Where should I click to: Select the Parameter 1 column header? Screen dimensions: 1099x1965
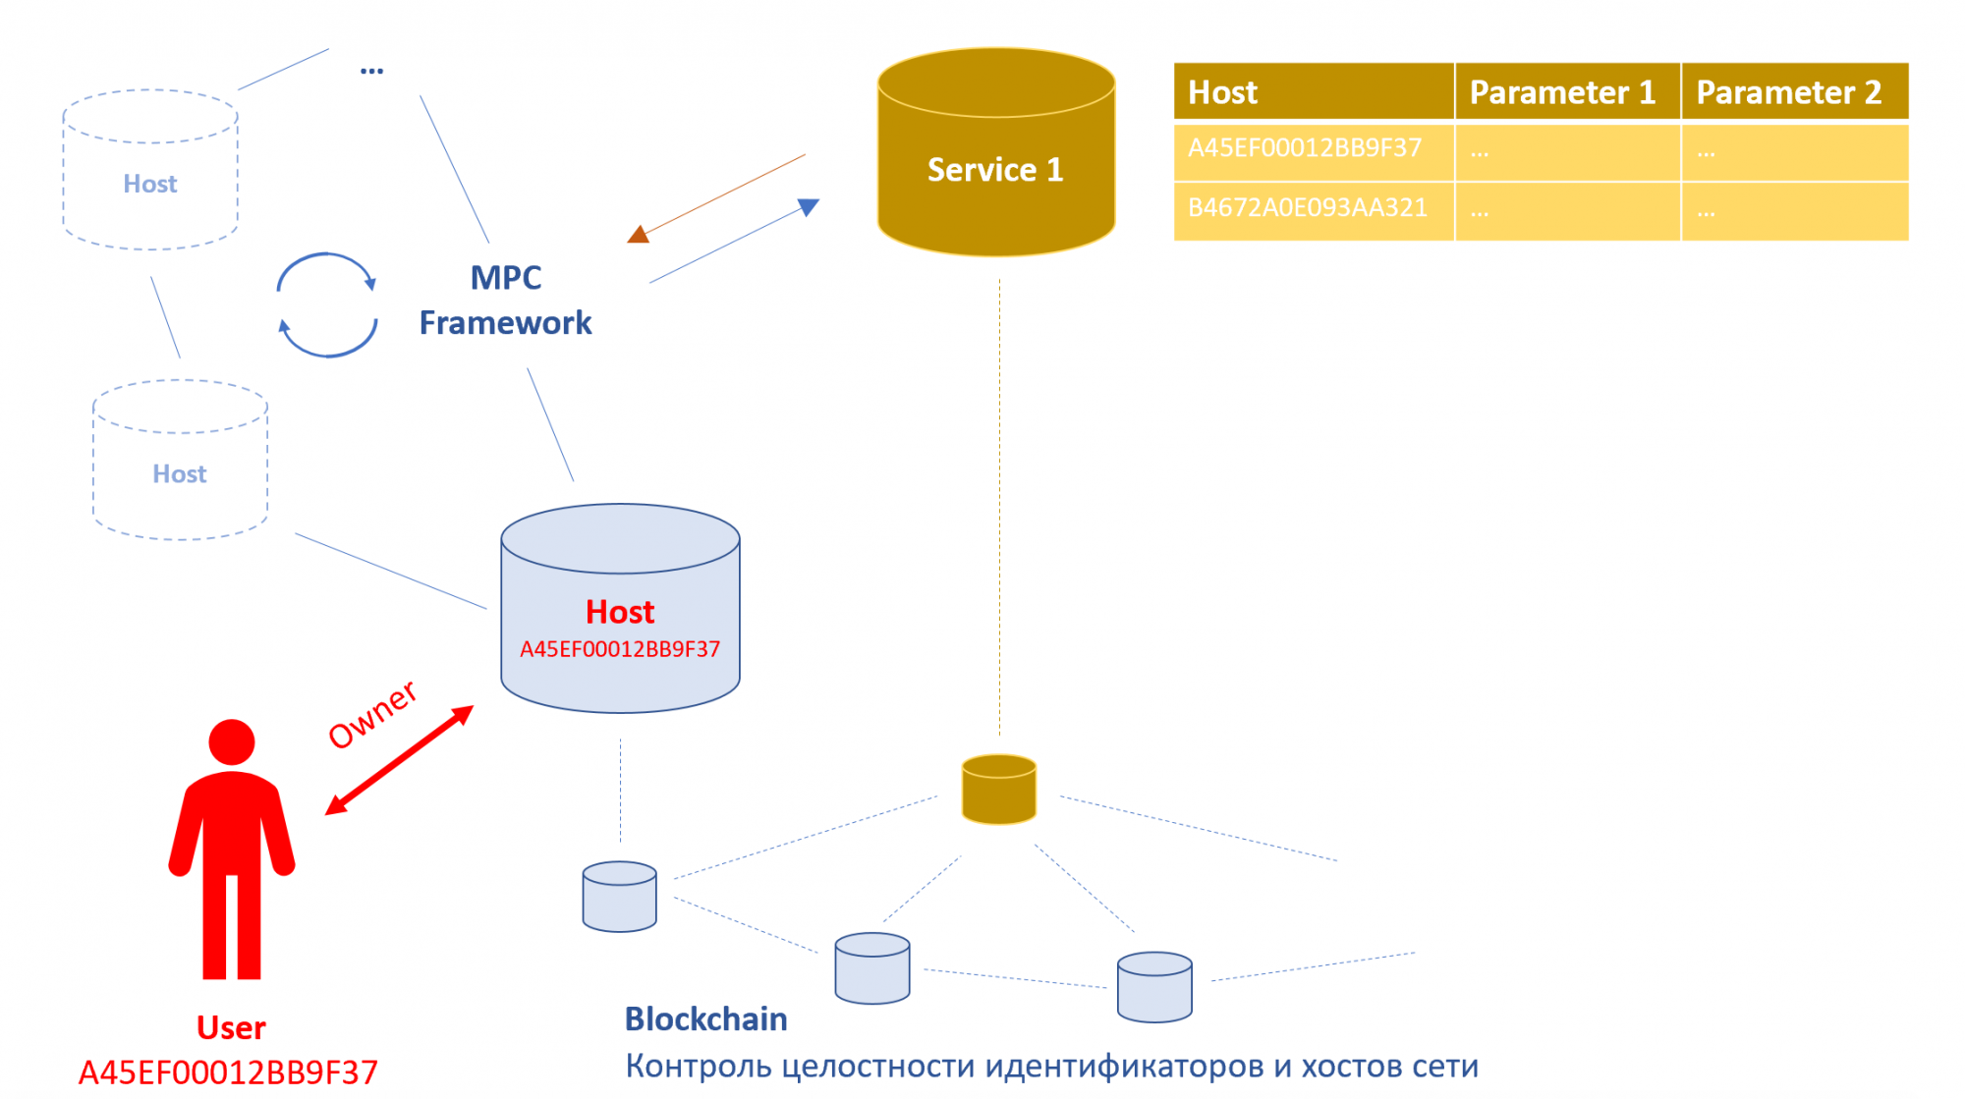click(1562, 92)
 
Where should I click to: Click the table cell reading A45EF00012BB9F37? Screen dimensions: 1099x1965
click(1305, 148)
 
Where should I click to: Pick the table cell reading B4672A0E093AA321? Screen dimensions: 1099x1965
click(1307, 208)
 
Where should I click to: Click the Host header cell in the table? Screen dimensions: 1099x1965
click(1222, 92)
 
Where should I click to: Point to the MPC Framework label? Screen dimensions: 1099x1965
click(505, 301)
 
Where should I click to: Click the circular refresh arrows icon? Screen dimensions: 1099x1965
click(327, 305)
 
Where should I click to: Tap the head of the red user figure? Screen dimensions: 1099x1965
click(232, 742)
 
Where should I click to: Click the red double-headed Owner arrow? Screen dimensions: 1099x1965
click(399, 760)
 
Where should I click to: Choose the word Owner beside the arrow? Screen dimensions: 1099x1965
click(372, 714)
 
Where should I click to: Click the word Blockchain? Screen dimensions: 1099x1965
click(705, 1019)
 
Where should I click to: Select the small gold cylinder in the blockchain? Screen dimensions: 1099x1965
click(999, 789)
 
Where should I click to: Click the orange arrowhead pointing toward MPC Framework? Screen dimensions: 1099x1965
click(640, 234)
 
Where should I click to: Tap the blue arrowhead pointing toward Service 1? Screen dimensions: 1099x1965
click(808, 206)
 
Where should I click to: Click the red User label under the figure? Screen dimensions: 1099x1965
click(231, 1027)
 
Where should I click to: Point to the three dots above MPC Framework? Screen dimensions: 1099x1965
click(371, 71)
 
